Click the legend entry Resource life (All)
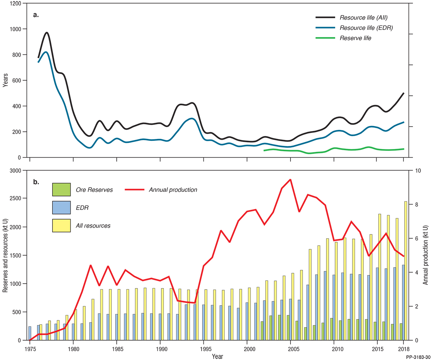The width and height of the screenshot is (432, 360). coord(363,18)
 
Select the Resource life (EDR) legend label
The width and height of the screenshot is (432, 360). coord(366,28)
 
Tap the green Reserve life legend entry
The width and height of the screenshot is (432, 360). coord(355,38)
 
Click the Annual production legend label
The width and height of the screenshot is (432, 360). coord(173,190)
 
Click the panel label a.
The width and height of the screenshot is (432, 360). coord(36,15)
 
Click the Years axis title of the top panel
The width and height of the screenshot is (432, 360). coord(5,80)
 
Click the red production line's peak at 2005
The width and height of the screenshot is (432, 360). coord(290,179)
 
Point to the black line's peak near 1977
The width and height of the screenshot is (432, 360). coord(47,32)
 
